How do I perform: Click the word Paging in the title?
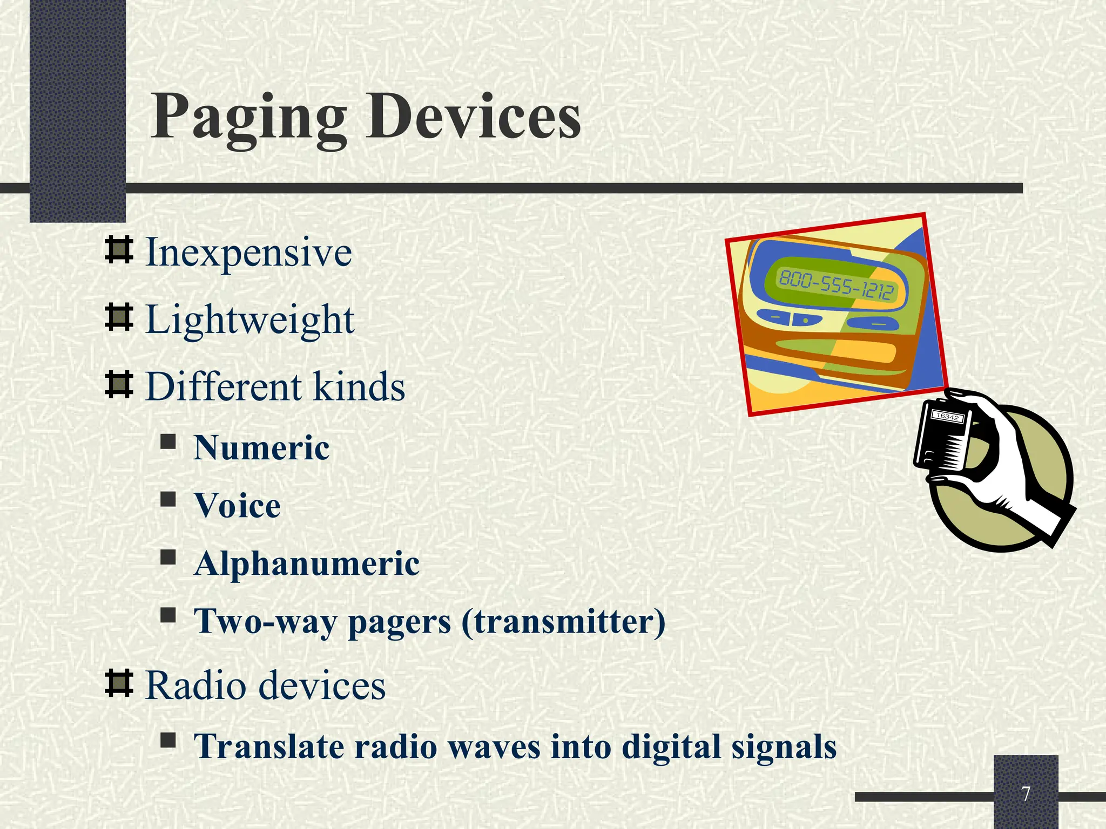click(x=248, y=118)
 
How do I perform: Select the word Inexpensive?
click(x=248, y=253)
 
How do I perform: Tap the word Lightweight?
click(x=250, y=320)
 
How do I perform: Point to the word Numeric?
click(x=261, y=448)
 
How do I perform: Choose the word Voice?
click(x=238, y=506)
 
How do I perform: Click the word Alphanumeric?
click(x=307, y=563)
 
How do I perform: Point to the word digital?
click(x=671, y=746)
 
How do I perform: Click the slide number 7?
click(x=1026, y=793)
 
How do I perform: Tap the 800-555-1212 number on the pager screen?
click(x=836, y=286)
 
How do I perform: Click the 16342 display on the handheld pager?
click(x=947, y=416)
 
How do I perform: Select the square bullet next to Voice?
click(x=168, y=499)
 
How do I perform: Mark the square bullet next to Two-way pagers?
click(x=168, y=615)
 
